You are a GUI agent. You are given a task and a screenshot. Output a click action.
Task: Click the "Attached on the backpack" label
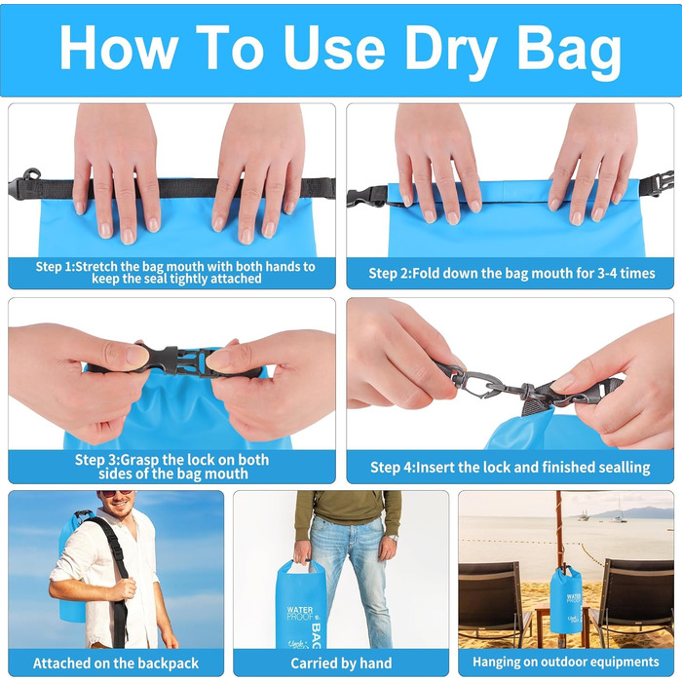click(116, 663)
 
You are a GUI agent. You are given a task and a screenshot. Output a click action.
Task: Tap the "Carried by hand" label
click(341, 663)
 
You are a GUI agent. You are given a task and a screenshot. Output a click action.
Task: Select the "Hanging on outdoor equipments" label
click(566, 662)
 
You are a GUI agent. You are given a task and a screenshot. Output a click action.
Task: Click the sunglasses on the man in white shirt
click(115, 493)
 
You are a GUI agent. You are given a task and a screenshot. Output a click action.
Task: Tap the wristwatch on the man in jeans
click(393, 538)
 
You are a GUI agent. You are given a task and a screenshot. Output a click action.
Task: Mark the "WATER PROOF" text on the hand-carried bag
click(300, 613)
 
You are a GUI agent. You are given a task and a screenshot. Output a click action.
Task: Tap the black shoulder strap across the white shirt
click(117, 579)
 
